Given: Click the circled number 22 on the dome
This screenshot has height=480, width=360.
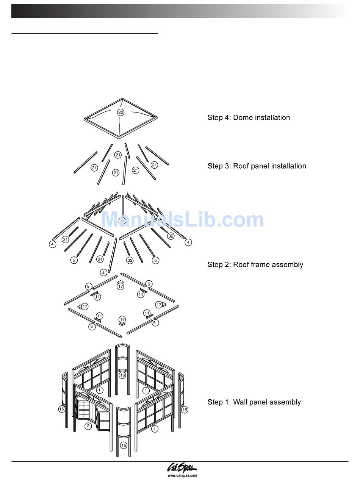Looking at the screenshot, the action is [121, 112].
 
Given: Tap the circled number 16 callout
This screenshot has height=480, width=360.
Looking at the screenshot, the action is [122, 375].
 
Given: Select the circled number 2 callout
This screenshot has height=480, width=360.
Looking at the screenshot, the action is [88, 426].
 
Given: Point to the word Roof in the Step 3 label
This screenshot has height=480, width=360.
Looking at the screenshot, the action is [241, 166].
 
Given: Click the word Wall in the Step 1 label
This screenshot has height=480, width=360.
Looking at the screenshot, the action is [240, 402].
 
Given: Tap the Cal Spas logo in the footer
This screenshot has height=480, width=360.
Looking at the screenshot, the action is [182, 468].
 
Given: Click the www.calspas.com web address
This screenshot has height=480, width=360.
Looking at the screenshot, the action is [182, 475].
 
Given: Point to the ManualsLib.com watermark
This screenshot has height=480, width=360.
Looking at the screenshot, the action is [182, 220].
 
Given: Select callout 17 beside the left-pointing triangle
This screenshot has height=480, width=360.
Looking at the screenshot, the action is [85, 306].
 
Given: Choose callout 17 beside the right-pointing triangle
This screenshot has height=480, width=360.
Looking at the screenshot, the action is [159, 304].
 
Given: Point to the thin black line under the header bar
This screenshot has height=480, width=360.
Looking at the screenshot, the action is [85, 33].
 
